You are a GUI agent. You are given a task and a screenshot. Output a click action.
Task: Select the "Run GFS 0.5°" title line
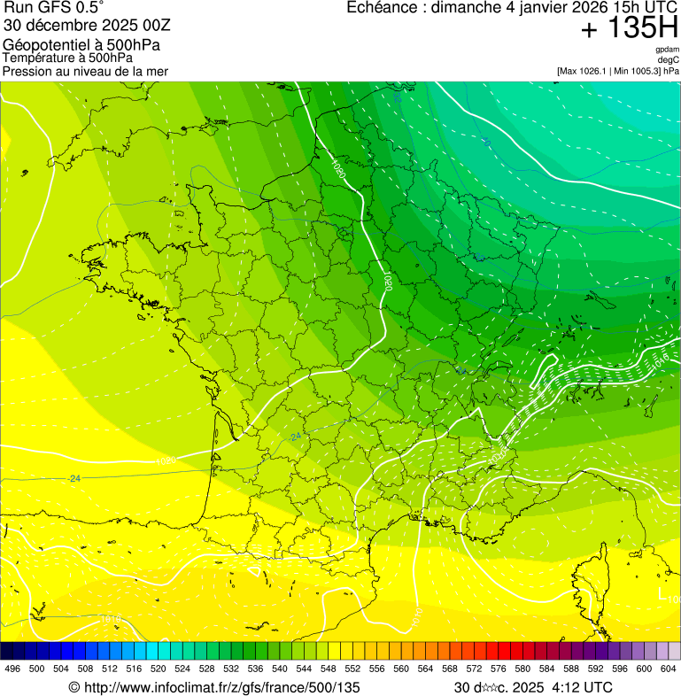54,8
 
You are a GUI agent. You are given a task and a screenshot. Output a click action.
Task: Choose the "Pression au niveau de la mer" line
85,71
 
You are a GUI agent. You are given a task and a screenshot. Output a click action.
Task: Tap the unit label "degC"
669,60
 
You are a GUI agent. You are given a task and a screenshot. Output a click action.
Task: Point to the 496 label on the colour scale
12,669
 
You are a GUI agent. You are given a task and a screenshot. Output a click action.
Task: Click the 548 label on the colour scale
352,669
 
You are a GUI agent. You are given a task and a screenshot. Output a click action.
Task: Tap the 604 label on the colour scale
669,669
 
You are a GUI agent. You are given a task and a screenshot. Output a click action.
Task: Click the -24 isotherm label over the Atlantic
74,478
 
